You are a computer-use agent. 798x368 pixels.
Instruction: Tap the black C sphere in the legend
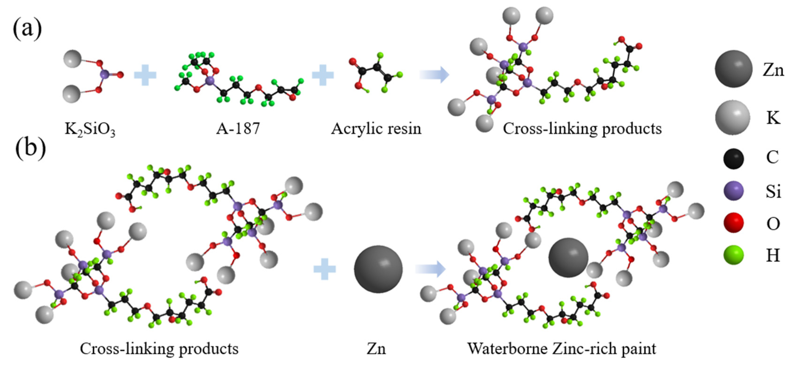(733, 159)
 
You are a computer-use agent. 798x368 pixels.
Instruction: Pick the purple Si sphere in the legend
(733, 191)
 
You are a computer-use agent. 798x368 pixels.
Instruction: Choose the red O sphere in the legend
(733, 223)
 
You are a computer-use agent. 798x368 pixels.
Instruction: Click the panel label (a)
(27, 28)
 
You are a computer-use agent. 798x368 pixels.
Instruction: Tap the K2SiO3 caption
(90, 129)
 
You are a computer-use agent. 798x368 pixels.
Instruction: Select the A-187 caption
(238, 128)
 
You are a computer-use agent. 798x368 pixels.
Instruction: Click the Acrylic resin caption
(376, 128)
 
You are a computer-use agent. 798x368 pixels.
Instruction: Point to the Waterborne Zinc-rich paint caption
(561, 349)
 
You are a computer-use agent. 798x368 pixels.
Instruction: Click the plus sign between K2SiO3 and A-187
(145, 75)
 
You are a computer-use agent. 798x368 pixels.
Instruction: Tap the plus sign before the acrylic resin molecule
(323, 75)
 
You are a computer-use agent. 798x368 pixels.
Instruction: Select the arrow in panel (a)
(434, 74)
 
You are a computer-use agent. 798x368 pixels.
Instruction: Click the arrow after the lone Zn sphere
(430, 269)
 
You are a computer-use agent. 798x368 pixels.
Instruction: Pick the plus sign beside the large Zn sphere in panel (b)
(324, 269)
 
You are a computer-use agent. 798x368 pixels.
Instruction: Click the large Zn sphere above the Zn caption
(378, 269)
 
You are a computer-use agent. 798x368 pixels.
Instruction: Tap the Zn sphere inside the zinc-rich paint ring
(568, 258)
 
